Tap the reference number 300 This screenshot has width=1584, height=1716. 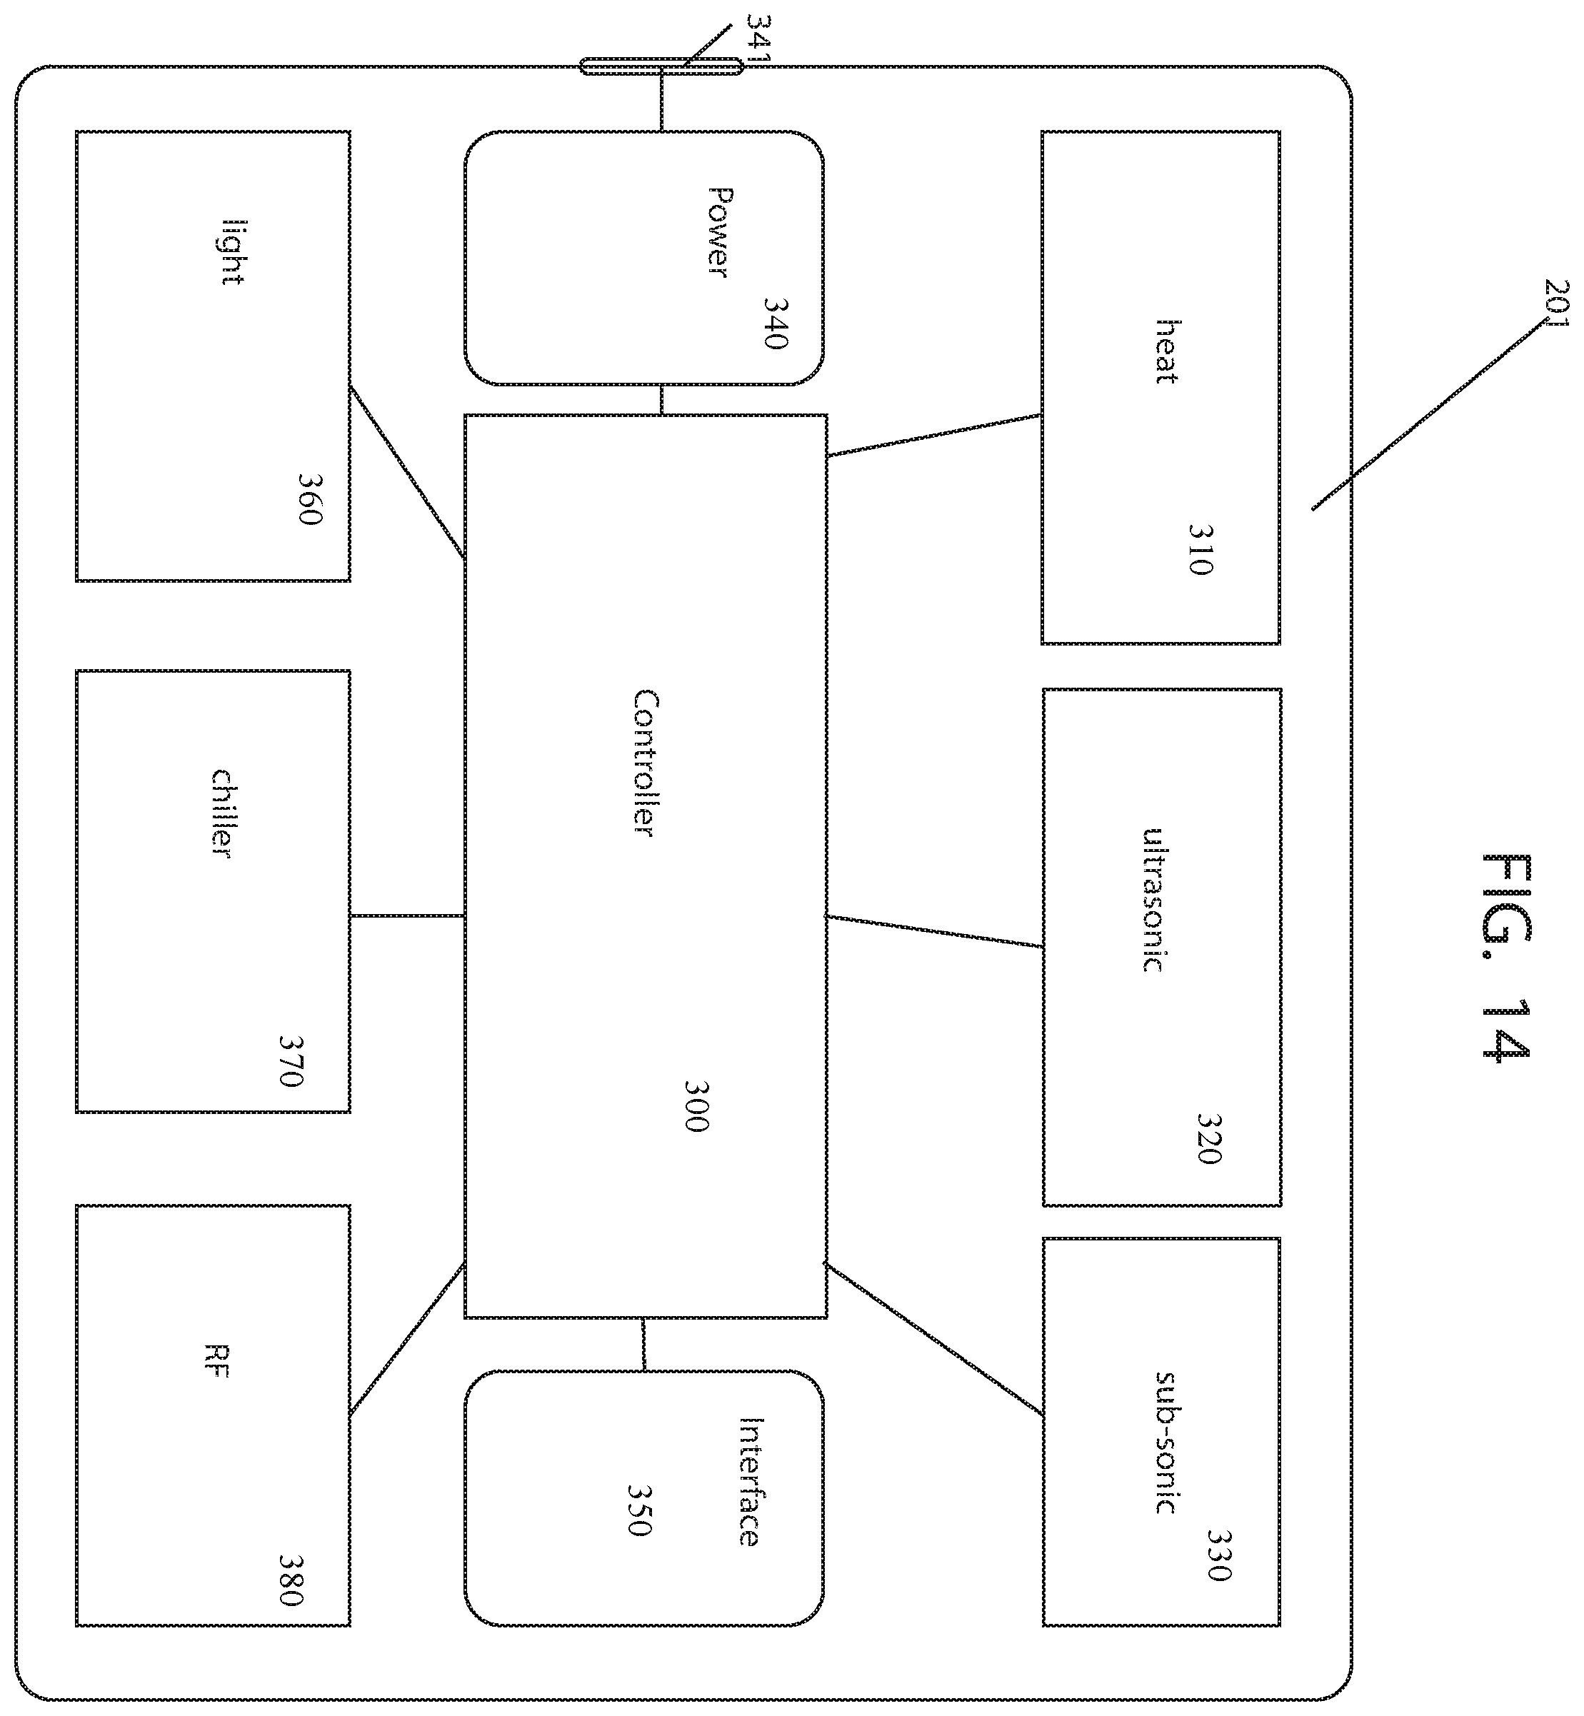[697, 1105]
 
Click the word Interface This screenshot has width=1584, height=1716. [749, 1481]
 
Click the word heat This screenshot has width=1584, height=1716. [1166, 351]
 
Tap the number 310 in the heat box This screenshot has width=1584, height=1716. [1202, 548]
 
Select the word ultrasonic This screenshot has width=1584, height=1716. [1153, 900]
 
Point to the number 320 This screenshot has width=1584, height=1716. [1208, 1138]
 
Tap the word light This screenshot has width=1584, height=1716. [233, 253]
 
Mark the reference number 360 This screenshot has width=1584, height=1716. [309, 499]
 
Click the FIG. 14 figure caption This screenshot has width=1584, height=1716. [1506, 958]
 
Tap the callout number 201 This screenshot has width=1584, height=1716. [1555, 303]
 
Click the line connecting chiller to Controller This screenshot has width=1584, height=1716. [407, 915]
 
